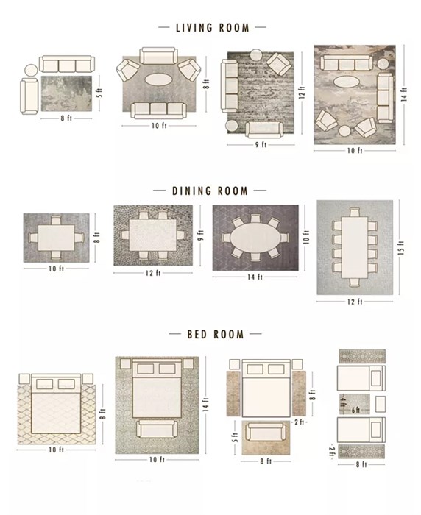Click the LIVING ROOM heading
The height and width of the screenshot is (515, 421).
pos(212,28)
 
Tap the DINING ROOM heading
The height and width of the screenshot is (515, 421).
pos(210,191)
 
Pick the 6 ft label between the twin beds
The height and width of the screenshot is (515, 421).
pos(355,408)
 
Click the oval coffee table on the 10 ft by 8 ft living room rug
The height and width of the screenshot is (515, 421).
pos(159,79)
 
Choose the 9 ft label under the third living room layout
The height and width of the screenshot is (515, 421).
pos(261,145)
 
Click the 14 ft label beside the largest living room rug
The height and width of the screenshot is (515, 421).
pos(403,94)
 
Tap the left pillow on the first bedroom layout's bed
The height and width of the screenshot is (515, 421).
pos(43,384)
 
